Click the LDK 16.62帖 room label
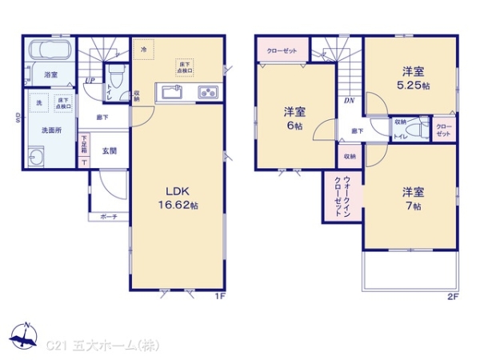[x=177, y=198]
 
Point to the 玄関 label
[x=109, y=150]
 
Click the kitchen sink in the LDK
[x=174, y=93]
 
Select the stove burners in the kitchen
[x=206, y=93]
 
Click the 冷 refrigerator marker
[x=143, y=50]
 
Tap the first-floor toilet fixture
[x=115, y=78]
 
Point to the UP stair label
[x=90, y=80]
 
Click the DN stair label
[x=349, y=101]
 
